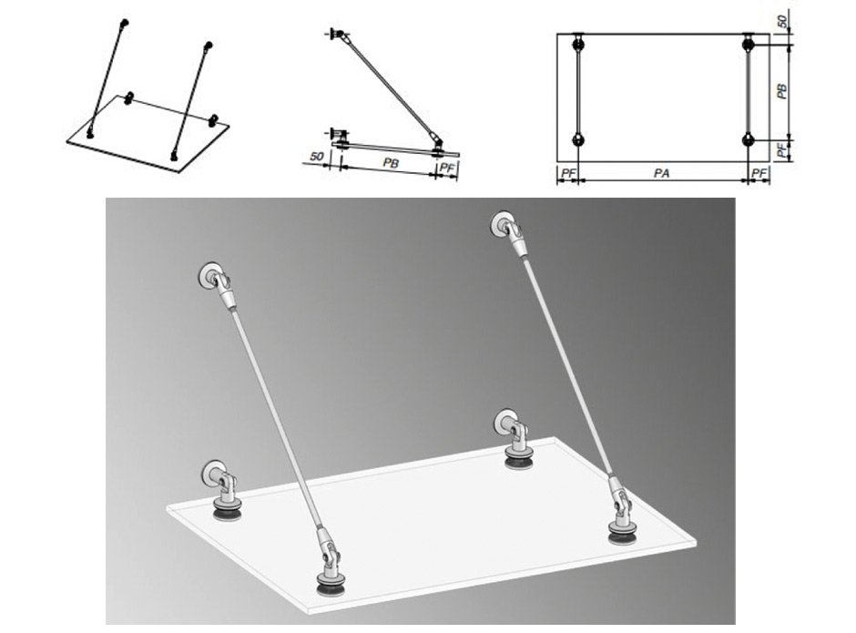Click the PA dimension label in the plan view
point(662,174)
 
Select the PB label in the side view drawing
point(391,163)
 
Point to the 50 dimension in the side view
point(317,157)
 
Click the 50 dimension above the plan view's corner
point(782,23)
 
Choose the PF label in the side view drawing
point(446,168)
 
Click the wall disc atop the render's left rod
point(208,275)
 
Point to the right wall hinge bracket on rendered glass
point(514,439)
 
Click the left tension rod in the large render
point(276,420)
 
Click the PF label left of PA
point(568,174)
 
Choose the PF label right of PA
point(759,174)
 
